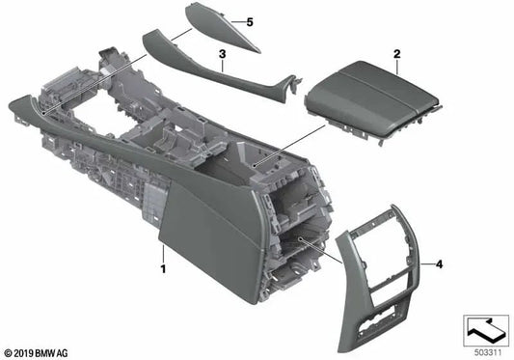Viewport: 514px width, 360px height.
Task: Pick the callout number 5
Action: (x=248, y=22)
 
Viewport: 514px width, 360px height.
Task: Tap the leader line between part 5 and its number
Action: (x=233, y=20)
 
